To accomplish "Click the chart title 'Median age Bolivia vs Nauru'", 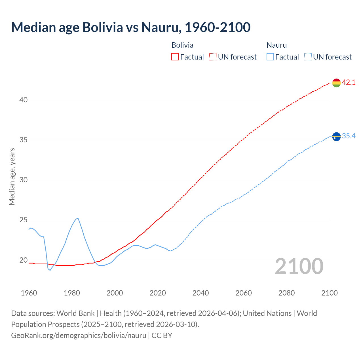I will pos(131,27).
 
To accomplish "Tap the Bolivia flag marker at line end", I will pos(336,83).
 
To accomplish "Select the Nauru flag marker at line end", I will pos(336,137).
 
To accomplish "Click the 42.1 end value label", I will pos(349,83).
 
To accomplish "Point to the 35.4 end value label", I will pos(349,136).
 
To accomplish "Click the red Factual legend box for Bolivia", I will pos(175,57).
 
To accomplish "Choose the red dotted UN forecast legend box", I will pos(213,57).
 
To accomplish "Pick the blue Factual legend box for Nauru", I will pos(270,57).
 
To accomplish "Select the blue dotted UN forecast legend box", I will pos(308,57).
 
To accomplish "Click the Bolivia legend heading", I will pos(182,45).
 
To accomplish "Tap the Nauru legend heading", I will pos(277,45).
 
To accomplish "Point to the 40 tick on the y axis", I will pos(24,100).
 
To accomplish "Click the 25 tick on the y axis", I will pos(24,220).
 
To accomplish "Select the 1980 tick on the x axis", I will pos(72,293).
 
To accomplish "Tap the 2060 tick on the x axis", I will pos(244,293).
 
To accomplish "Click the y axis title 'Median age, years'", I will pos(12,176).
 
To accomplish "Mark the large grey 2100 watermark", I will pos(299,266).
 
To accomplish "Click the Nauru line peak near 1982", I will pos(78,218).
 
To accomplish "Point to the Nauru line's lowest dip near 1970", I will pos(50,270).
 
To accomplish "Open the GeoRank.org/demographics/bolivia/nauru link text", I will pos(79,335).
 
